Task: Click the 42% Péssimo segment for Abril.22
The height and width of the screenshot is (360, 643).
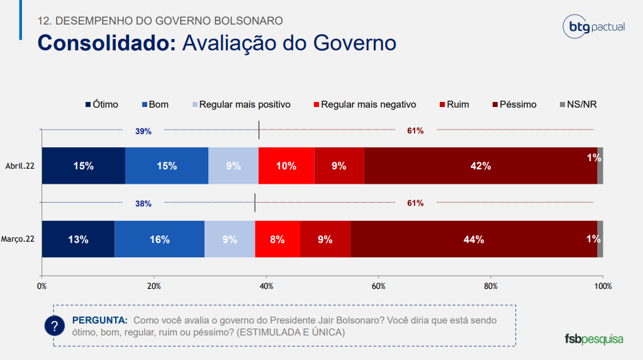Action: click(481, 166)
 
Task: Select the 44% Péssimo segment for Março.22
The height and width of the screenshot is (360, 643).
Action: click(473, 239)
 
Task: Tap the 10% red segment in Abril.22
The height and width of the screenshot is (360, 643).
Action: click(286, 166)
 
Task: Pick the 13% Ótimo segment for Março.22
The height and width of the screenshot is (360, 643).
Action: click(78, 239)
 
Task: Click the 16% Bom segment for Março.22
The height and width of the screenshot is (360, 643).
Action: click(159, 239)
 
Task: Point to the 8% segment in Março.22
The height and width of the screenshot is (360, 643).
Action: click(277, 239)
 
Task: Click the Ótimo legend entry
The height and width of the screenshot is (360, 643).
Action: click(101, 104)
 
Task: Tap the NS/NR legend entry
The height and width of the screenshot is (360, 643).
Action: click(578, 104)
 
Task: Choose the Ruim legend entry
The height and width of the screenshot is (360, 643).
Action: click(454, 104)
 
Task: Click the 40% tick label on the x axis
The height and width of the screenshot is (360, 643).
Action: click(266, 286)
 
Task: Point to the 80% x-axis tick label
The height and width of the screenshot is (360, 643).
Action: click(491, 286)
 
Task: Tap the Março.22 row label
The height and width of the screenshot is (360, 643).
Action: click(19, 239)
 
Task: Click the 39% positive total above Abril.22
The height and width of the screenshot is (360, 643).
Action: click(143, 131)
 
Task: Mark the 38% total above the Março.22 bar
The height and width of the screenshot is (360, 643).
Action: click(143, 203)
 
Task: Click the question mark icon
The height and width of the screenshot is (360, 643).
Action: click(55, 326)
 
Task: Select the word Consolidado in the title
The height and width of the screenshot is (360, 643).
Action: click(106, 43)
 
